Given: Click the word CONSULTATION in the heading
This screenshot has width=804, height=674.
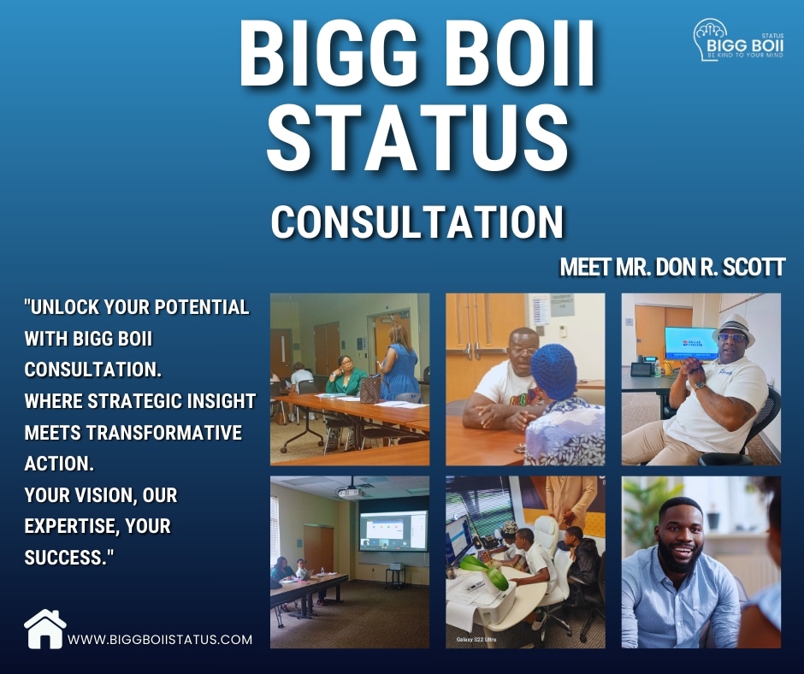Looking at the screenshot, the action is (417, 222).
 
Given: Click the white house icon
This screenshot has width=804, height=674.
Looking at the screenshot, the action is (45, 630).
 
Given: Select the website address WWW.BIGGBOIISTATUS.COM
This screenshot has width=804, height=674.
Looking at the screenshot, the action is (160, 640).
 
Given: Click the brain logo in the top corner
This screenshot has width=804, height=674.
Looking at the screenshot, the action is (712, 39).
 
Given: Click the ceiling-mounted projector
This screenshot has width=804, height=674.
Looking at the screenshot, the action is (350, 492).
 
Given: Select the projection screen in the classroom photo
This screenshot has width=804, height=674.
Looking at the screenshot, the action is (393, 530).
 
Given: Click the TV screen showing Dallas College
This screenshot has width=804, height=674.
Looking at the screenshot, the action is (690, 343).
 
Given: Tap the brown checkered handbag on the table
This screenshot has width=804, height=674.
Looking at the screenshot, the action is (370, 390).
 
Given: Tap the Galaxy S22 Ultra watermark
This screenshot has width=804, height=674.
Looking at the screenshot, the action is (476, 640).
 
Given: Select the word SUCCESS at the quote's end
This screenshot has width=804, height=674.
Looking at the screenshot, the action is (66, 558).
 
